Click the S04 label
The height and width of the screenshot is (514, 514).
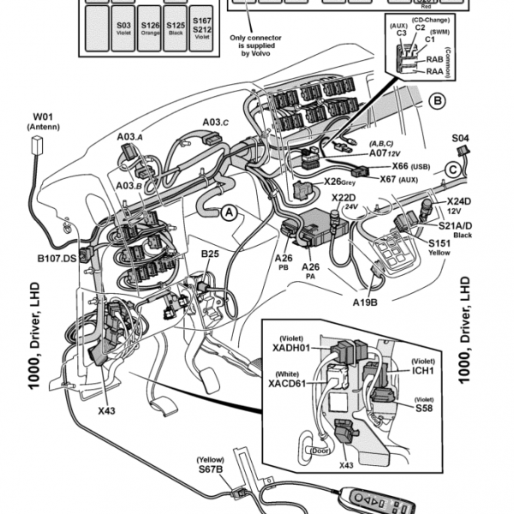click(460, 137)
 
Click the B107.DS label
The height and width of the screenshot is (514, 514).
click(57, 257)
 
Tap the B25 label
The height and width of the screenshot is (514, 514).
click(210, 255)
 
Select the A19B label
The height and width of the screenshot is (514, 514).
click(367, 302)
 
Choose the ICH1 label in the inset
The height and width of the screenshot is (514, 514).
click(422, 371)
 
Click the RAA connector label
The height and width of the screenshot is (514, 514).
click(434, 72)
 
